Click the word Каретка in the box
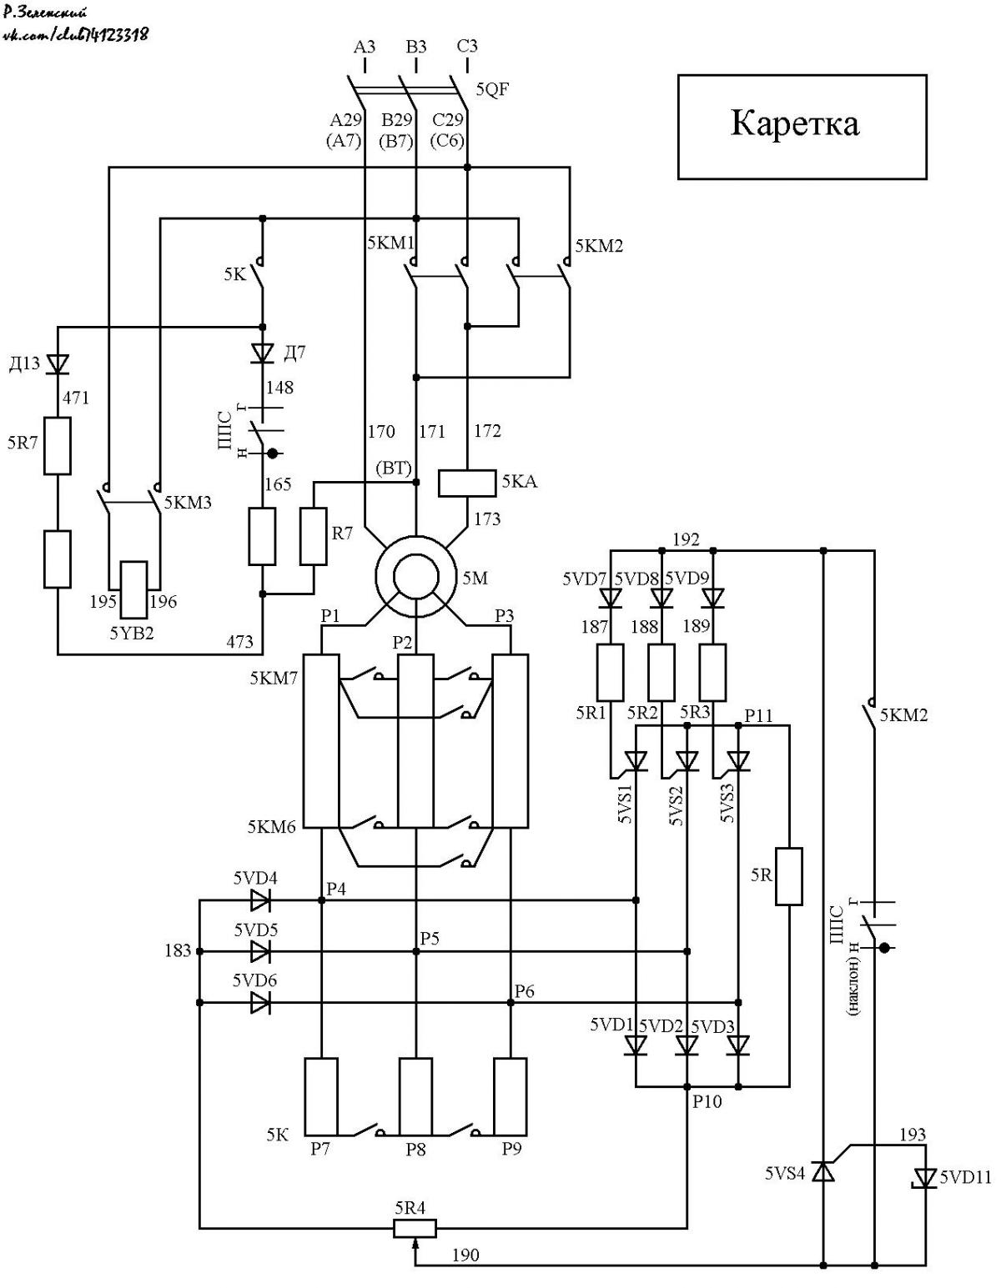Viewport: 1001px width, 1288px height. tap(794, 124)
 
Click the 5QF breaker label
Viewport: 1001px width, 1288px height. tap(492, 89)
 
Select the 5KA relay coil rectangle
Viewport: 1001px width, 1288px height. tap(466, 483)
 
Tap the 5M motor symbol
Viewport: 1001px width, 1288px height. tap(415, 575)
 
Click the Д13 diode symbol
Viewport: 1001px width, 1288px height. tap(58, 364)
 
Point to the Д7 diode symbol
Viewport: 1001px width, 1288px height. tap(263, 353)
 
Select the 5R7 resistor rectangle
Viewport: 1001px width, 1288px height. tap(58, 445)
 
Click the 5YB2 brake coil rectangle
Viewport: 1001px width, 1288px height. tap(134, 589)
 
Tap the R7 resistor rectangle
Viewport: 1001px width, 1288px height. tap(313, 536)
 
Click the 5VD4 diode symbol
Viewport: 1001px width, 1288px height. tap(260, 900)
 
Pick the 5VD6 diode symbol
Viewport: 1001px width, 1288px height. tap(260, 1002)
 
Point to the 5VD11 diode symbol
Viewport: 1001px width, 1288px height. tap(924, 1176)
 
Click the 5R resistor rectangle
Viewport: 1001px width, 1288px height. tap(789, 877)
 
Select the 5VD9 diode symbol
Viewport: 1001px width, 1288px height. tap(713, 598)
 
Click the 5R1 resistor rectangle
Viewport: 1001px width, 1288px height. tap(611, 672)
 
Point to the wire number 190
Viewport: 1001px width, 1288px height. tap(465, 1254)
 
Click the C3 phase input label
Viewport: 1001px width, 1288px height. tap(467, 46)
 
